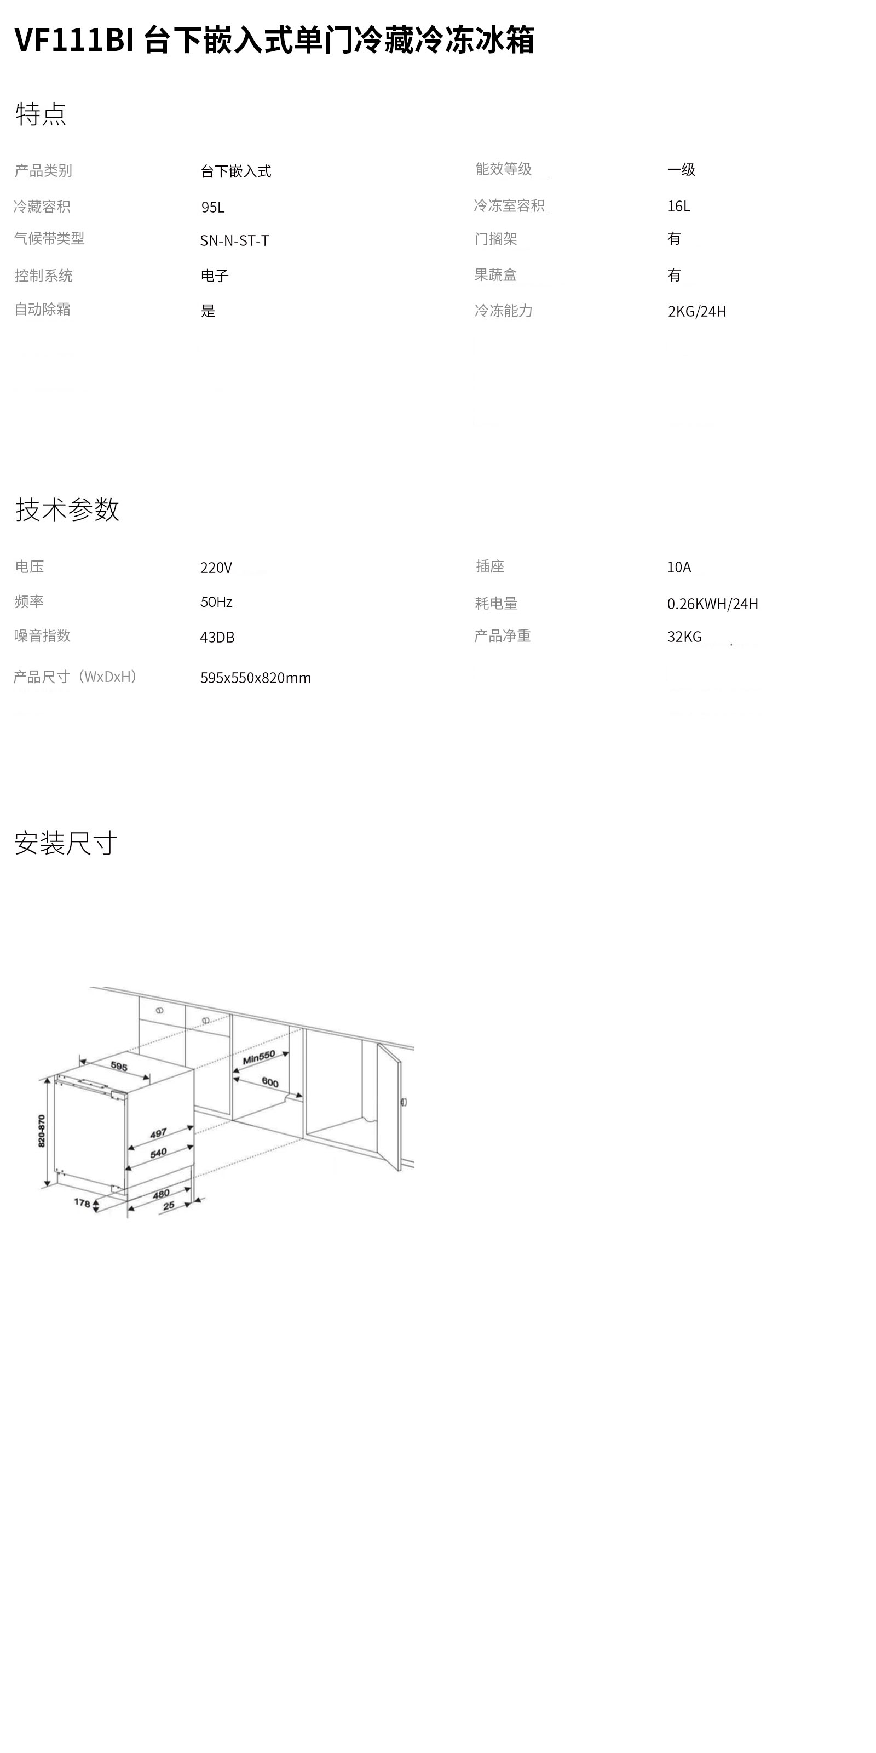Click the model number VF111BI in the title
coord(73,40)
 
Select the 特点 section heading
coord(41,113)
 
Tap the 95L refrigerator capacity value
coord(212,207)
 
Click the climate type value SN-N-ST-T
coord(235,240)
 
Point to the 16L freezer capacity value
coord(679,206)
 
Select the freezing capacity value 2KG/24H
coord(696,311)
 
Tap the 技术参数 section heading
coord(67,509)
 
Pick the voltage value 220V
coord(216,568)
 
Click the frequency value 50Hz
coord(216,601)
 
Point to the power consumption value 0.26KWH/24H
coord(712,604)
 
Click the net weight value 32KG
coord(684,636)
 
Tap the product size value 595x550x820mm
coord(256,678)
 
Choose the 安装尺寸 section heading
coord(66,843)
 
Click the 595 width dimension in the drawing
coord(119,1067)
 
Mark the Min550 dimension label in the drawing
coord(259,1057)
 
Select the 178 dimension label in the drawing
coord(82,1202)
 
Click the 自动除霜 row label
coord(43,309)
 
